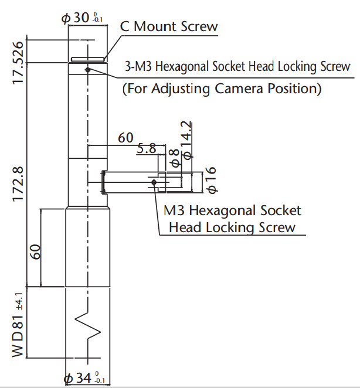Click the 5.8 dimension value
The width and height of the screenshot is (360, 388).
point(147,149)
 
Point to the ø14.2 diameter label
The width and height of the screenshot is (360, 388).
point(187,141)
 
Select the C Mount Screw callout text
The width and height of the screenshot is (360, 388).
point(169,26)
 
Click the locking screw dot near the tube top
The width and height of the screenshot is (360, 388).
point(87,70)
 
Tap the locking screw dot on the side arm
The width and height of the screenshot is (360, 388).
point(154,183)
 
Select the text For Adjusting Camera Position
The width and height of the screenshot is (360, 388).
point(222,89)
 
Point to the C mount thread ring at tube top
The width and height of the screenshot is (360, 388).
point(87,59)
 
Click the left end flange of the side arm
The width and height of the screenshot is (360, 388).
point(103,181)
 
